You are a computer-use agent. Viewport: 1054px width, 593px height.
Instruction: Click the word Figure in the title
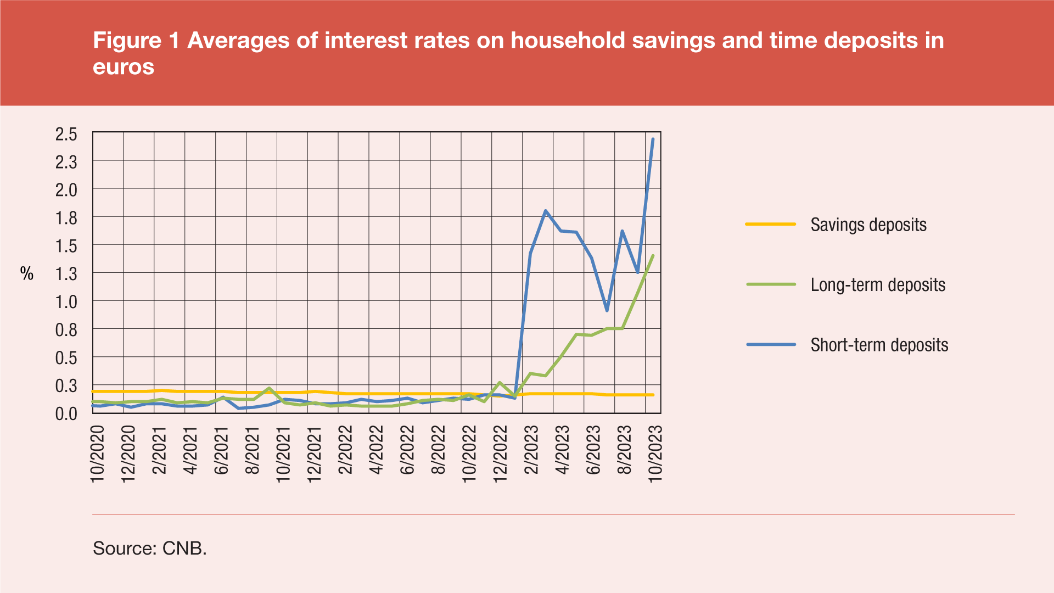coord(128,41)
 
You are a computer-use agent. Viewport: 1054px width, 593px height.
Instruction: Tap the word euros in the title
coord(124,67)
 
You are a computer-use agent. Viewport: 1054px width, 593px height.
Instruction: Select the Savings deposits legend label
coord(868,225)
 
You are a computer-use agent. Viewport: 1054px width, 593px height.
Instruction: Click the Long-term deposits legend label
coord(878,285)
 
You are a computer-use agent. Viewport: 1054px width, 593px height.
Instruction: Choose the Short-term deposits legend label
coord(879,345)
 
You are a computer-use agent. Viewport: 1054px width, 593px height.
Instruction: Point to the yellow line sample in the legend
coord(770,224)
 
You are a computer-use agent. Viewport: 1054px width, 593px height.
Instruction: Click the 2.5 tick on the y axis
coord(66,134)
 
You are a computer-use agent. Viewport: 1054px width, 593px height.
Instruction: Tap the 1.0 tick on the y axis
coord(66,301)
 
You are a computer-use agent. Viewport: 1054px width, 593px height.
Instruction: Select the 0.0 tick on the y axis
coord(66,413)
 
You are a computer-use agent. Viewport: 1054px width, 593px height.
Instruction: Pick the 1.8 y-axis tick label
coord(66,218)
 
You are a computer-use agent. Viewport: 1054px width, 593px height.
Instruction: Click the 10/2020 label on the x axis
coord(97,454)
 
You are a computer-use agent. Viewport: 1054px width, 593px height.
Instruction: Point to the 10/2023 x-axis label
coord(655,454)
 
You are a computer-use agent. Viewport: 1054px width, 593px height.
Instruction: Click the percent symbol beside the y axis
coord(27,273)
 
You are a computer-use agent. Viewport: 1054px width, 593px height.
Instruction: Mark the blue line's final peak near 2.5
coord(653,139)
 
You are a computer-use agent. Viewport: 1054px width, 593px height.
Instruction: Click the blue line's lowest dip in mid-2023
coord(607,311)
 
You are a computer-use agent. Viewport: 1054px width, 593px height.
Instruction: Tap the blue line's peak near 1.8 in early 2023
coord(545,211)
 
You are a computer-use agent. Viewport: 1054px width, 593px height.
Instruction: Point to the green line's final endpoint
coord(653,255)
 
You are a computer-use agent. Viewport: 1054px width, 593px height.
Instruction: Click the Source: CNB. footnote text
coord(150,548)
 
